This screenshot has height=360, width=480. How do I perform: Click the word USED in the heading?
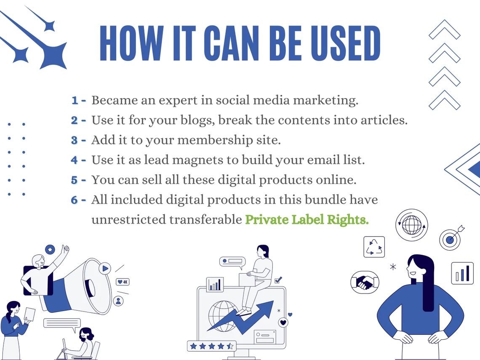346,43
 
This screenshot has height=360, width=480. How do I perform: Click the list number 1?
75,100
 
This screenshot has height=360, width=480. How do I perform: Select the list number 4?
74,160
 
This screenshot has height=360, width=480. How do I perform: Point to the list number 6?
74,200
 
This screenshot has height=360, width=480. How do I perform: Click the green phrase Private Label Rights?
307,219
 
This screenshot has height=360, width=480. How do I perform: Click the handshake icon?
365,282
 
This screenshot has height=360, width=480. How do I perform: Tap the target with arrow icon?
451,238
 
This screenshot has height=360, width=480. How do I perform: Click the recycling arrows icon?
374,247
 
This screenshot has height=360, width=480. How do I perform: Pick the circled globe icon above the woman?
411,225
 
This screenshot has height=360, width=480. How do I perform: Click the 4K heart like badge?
123,282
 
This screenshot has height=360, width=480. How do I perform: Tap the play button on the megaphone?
105,269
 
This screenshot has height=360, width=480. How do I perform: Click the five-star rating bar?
211,346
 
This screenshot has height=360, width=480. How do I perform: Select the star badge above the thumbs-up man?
50,250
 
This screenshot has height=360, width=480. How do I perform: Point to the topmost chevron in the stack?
445,30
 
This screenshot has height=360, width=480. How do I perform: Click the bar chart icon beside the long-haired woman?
462,273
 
